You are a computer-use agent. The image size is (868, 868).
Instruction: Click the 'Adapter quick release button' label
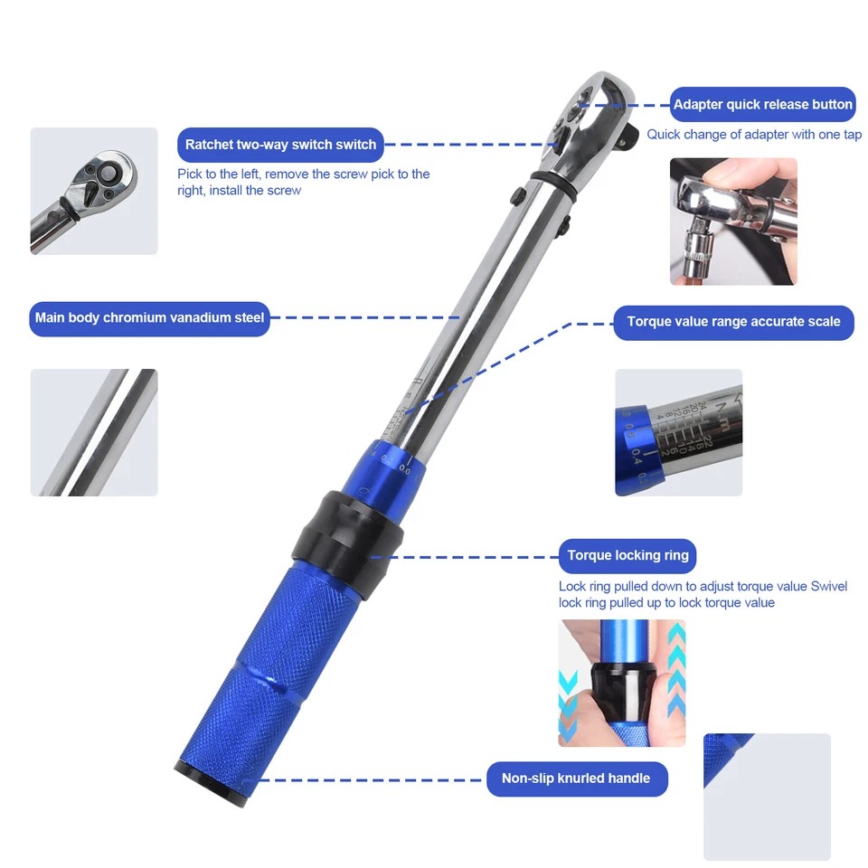(762, 105)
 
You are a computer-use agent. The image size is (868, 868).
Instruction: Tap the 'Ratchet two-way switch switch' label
(280, 145)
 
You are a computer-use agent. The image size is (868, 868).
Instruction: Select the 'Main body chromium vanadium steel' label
(149, 318)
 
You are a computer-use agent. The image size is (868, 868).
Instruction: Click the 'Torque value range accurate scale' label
(733, 322)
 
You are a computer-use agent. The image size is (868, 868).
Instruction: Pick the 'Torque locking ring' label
(627, 555)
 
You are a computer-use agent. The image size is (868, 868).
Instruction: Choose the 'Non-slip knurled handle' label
(576, 778)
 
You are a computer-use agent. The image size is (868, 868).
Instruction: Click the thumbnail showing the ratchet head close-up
(94, 190)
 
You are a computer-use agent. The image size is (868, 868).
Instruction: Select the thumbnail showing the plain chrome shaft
(94, 432)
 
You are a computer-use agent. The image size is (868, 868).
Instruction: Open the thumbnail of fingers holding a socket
(733, 222)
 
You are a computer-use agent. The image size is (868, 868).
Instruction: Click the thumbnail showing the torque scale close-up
(678, 432)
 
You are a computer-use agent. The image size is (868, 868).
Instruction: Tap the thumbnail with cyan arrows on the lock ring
(621, 683)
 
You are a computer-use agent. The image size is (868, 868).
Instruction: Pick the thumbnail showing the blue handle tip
(767, 796)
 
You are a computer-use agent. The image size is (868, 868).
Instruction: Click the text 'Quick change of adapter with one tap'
(754, 135)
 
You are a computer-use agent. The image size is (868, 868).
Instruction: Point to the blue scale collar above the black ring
(389, 462)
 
